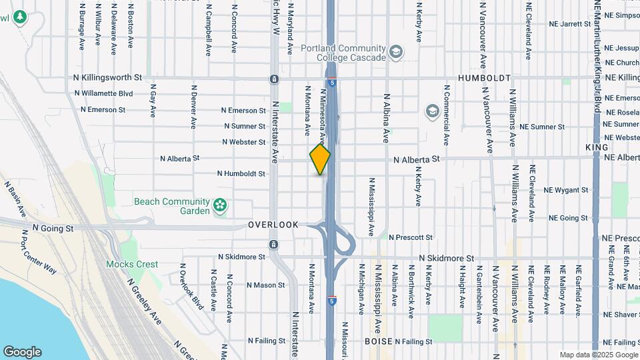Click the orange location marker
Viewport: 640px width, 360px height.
coord(320,159)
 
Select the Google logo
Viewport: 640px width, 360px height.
coord(22,352)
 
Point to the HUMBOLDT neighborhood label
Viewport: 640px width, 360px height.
coord(484,78)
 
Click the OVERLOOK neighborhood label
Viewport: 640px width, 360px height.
coord(273,225)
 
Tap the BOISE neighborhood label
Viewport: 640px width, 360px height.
coord(377,341)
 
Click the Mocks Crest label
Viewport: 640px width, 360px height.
coord(132,264)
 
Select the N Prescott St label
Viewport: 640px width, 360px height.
coord(411,237)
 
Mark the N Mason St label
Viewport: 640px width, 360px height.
coord(265,285)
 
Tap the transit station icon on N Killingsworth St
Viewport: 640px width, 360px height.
coord(274,79)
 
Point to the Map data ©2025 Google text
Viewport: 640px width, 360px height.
coord(598,355)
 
